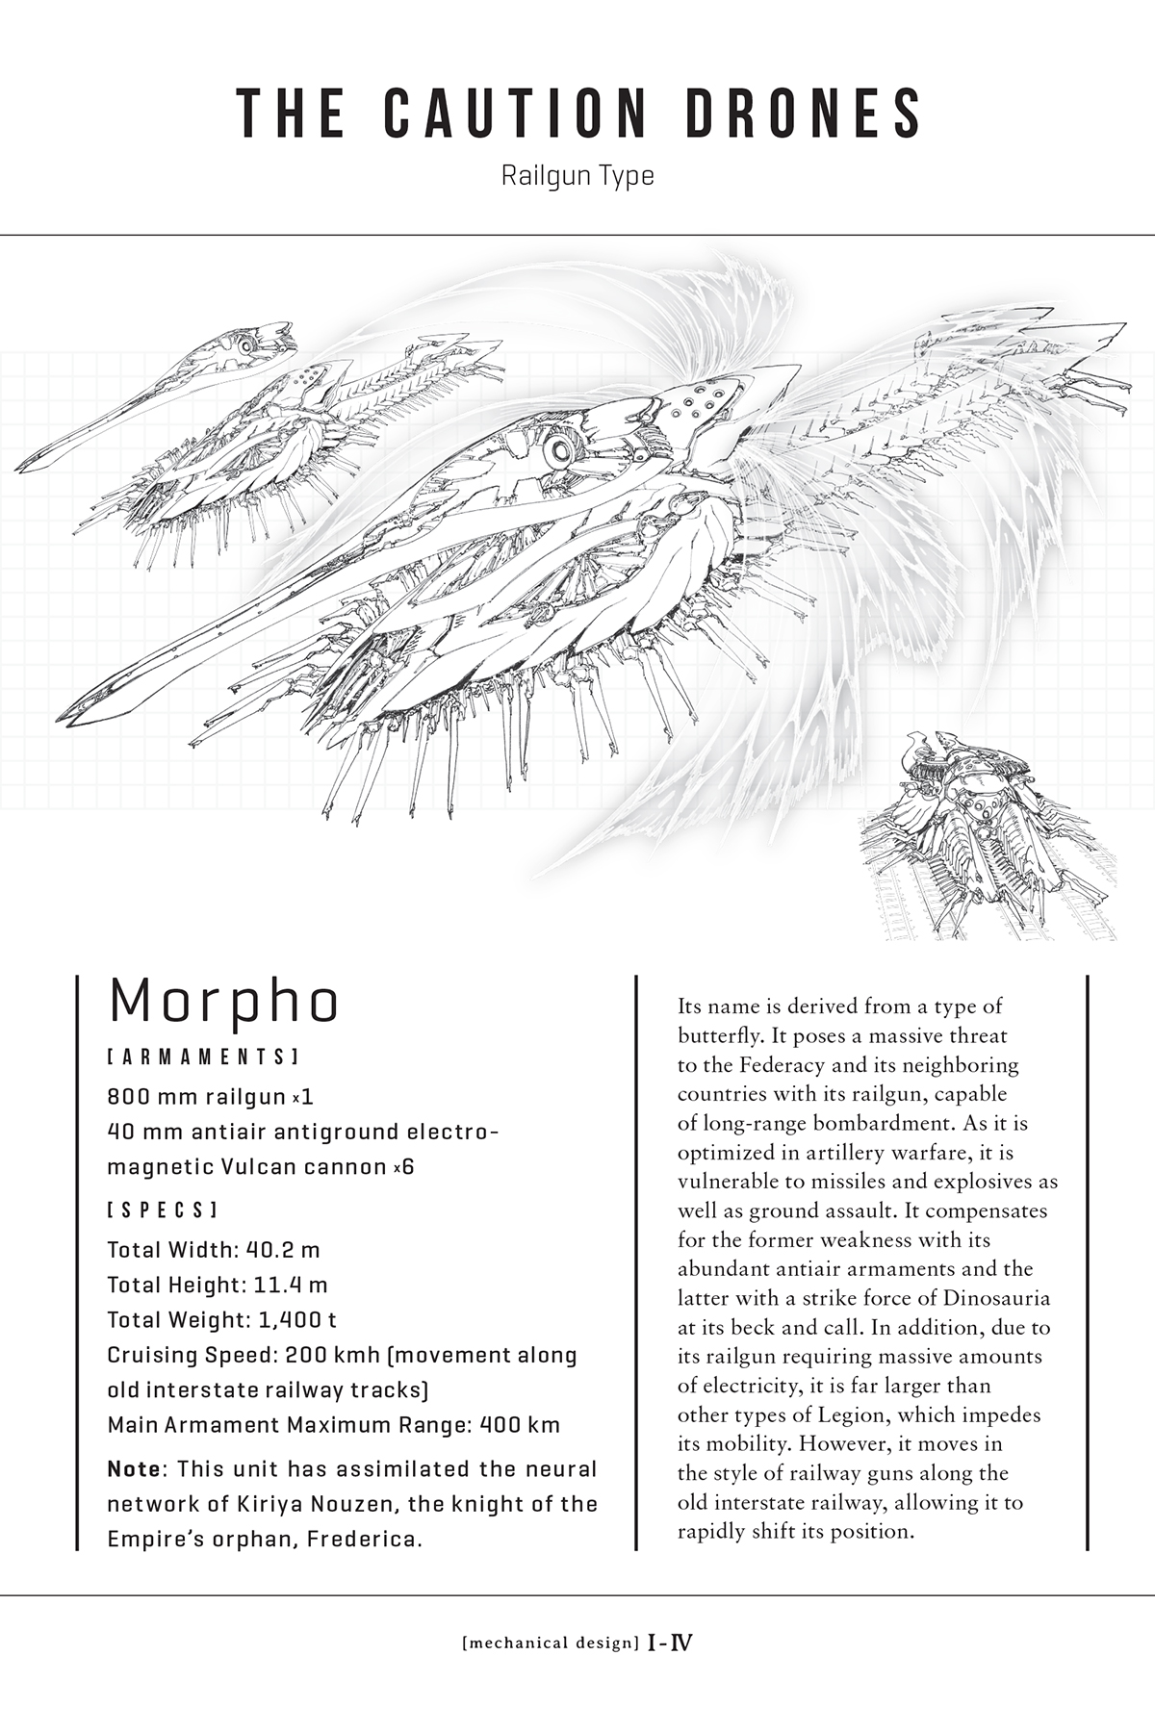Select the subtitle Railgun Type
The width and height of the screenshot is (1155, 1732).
pyautogui.click(x=577, y=176)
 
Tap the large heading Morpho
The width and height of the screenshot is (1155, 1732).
pyautogui.click(x=224, y=1002)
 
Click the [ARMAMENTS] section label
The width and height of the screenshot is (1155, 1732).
pyautogui.click(x=202, y=1057)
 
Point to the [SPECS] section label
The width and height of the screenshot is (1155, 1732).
pyautogui.click(x=163, y=1209)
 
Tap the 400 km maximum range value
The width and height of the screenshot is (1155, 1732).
pyautogui.click(x=520, y=1424)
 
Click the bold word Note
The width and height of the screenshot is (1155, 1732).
pyautogui.click(x=137, y=1469)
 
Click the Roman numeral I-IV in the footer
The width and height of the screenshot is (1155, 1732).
pyautogui.click(x=670, y=1643)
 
